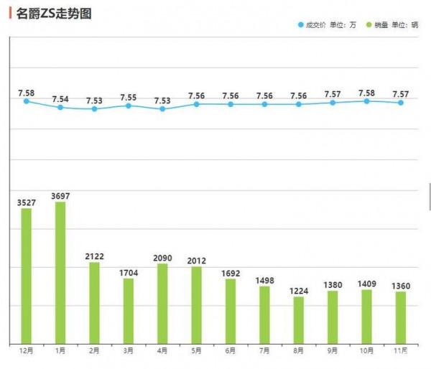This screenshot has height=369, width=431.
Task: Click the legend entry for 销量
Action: (x=391, y=25)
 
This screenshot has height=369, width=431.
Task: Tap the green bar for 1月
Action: (x=60, y=272)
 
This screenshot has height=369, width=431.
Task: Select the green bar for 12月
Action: (x=27, y=276)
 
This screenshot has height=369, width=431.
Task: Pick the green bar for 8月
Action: (x=298, y=319)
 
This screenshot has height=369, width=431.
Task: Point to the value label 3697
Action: (x=60, y=195)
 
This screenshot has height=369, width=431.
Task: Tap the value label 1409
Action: (x=366, y=284)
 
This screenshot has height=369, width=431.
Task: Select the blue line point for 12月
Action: (x=27, y=101)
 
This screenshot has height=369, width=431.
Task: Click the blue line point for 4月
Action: (x=162, y=108)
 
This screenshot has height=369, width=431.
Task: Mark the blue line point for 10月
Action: (x=366, y=101)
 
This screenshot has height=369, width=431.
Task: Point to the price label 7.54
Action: (x=60, y=98)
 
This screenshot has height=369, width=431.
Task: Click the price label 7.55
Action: (x=129, y=96)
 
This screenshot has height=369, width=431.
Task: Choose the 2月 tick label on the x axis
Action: (x=94, y=350)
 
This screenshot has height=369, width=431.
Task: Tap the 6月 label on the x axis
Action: (x=231, y=350)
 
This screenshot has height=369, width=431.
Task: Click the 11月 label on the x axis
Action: (x=400, y=350)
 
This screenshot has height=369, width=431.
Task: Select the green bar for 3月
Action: (x=129, y=310)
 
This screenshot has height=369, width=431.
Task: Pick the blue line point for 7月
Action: (x=264, y=104)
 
